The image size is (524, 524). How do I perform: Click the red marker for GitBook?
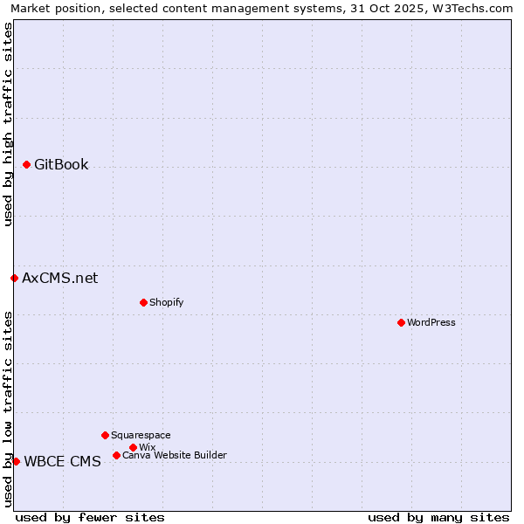pos(27,164)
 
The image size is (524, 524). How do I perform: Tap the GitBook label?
pos(61,165)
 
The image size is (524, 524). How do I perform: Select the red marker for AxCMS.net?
pos(14,278)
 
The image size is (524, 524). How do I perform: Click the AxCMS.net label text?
pos(59,279)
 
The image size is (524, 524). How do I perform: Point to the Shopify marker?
pos(143,302)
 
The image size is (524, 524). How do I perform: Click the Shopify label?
pos(166,302)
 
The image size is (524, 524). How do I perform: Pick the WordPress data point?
pos(401,322)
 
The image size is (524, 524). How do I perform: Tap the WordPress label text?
pos(431,322)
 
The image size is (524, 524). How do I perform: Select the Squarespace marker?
pos(105,435)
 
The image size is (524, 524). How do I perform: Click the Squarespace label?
pos(141,435)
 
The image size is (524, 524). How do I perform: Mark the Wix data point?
pos(133,447)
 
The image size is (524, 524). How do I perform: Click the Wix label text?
pos(148,447)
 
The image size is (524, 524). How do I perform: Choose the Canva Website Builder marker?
pos(116,455)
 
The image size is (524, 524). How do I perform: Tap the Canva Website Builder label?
pos(174,455)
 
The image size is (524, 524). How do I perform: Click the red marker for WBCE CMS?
pos(16,461)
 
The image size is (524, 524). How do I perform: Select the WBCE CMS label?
pos(62,462)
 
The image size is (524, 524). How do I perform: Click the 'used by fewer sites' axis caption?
pos(90,517)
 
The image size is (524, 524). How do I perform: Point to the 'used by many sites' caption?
pos(438,517)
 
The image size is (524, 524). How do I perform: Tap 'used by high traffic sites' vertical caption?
pos(9,124)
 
